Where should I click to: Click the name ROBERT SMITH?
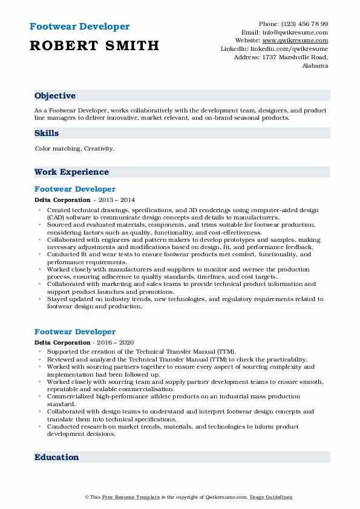pyautogui.click(x=94, y=45)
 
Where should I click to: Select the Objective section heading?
pyautogui.click(x=55, y=96)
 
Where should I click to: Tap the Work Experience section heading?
pyautogui.click(x=71, y=172)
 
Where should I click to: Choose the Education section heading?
pyautogui.click(x=57, y=458)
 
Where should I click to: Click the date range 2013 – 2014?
pyautogui.click(x=117, y=200)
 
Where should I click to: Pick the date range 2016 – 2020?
pyautogui.click(x=117, y=343)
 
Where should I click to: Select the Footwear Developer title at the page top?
pyautogui.click(x=79, y=27)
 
